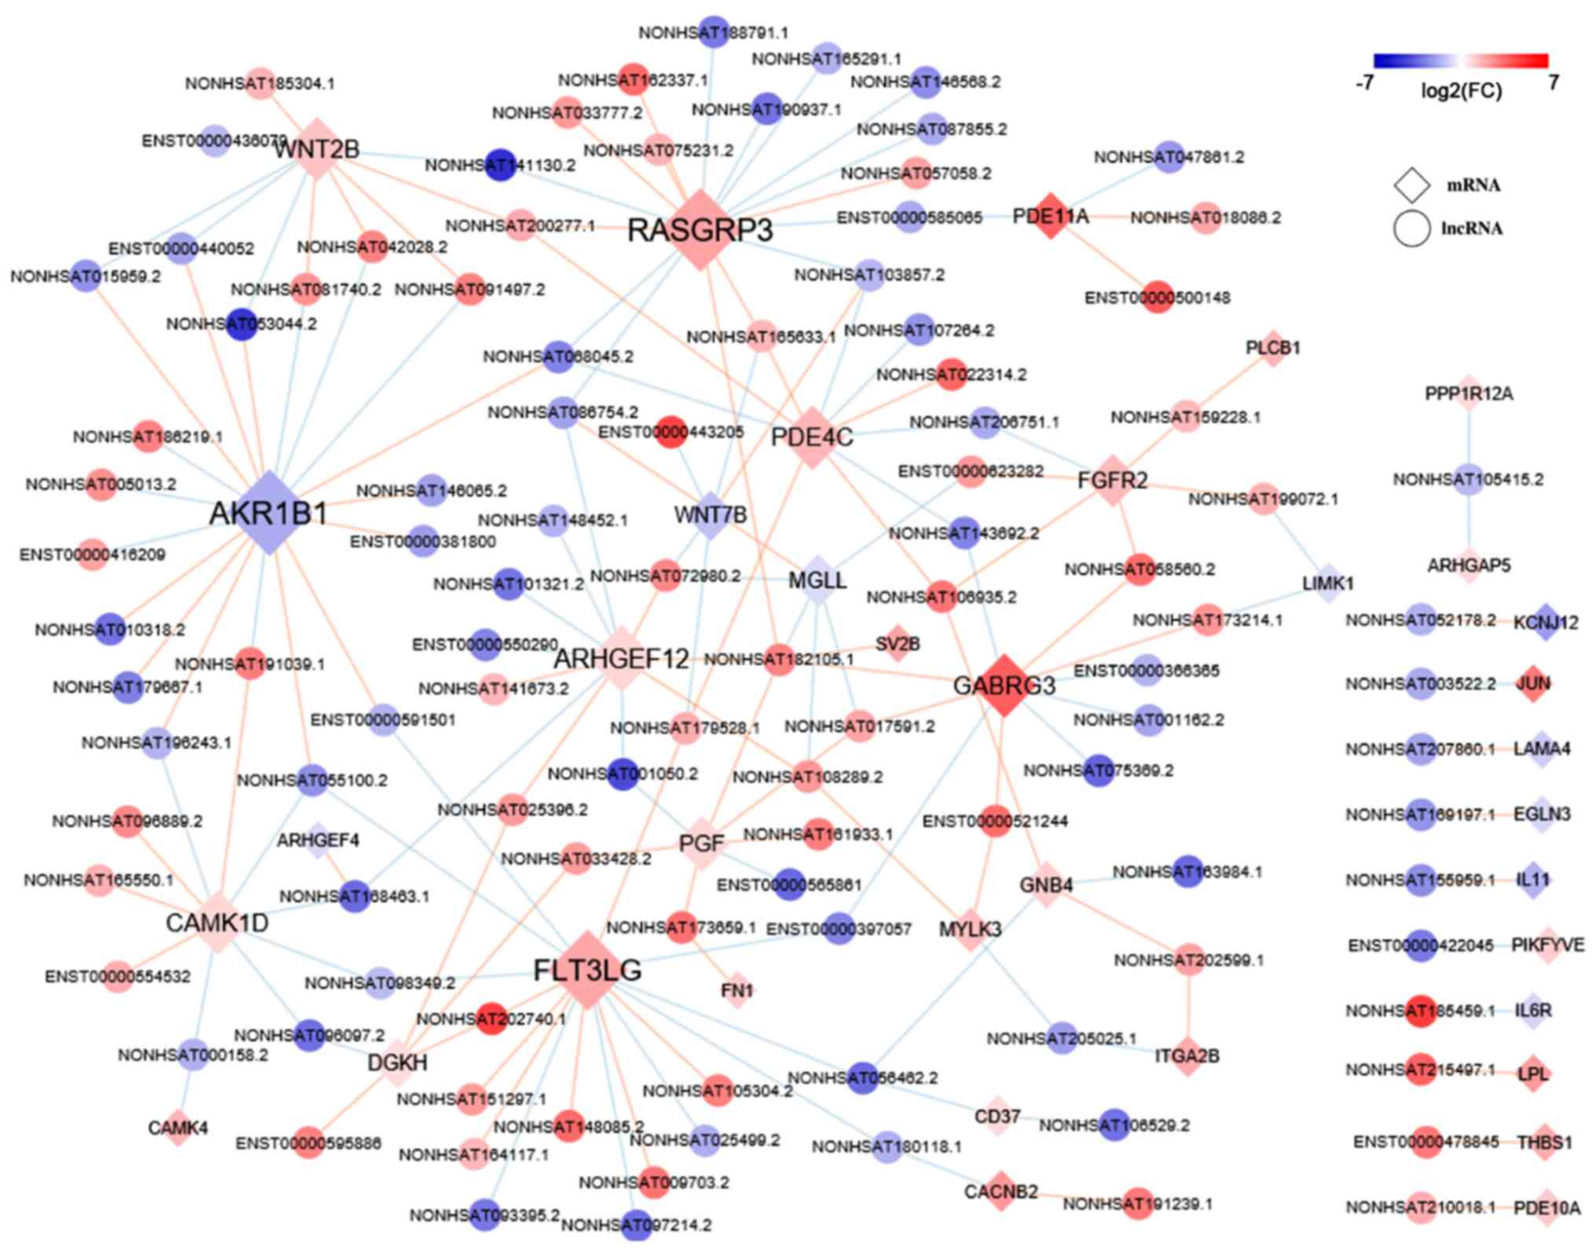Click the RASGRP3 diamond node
pyautogui.click(x=700, y=229)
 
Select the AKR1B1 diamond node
pyautogui.click(x=269, y=513)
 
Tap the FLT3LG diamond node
pyautogui.click(x=588, y=970)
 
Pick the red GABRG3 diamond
pyautogui.click(x=1003, y=686)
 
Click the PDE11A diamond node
pyautogui.click(x=1051, y=216)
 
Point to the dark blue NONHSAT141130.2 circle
pyautogui.click(x=500, y=165)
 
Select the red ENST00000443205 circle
pyautogui.click(x=670, y=432)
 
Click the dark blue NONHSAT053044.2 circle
pyautogui.click(x=241, y=324)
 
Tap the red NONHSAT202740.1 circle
pyautogui.click(x=492, y=1019)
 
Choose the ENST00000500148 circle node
pyautogui.click(x=1157, y=297)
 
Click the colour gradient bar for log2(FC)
pyautogui.click(x=1460, y=60)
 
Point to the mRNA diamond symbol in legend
pyautogui.click(x=1411, y=185)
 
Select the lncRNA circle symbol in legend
pyautogui.click(x=1411, y=229)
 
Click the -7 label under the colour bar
pyautogui.click(x=1364, y=82)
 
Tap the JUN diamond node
pyautogui.click(x=1533, y=683)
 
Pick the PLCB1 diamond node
pyautogui.click(x=1273, y=347)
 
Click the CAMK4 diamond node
pyautogui.click(x=178, y=1128)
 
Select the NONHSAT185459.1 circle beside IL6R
pyautogui.click(x=1421, y=1010)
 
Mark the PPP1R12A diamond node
pyautogui.click(x=1469, y=393)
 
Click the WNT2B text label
pyautogui.click(x=317, y=149)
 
